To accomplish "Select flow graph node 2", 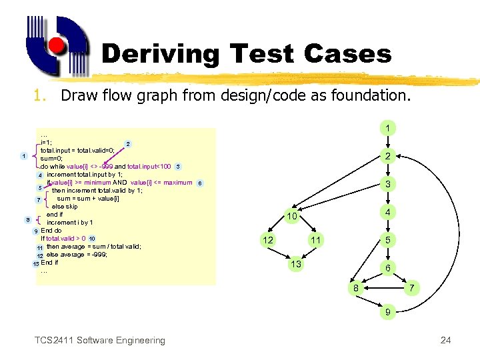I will click(387, 156).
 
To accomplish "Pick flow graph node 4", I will click(387, 212).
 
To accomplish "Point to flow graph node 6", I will click(387, 267).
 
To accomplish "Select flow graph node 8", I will click(357, 287).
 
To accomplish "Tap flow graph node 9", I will click(387, 311).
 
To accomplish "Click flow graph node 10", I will click(291, 217).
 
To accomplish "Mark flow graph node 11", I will click(316, 239).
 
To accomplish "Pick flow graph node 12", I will click(267, 239).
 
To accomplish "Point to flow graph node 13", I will click(294, 265).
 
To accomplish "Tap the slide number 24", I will click(445, 341).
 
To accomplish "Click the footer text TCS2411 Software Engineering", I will click(99, 341).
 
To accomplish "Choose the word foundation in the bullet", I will click(364, 95).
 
